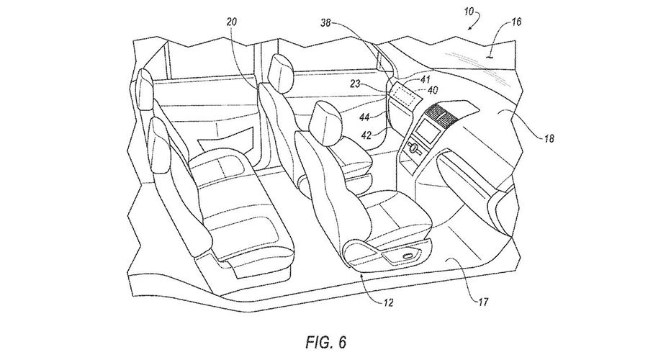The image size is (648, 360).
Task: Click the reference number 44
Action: point(366,116)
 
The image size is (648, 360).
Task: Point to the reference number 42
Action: point(366,133)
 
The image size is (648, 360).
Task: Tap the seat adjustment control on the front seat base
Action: point(410,255)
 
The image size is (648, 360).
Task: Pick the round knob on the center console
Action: point(414,148)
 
